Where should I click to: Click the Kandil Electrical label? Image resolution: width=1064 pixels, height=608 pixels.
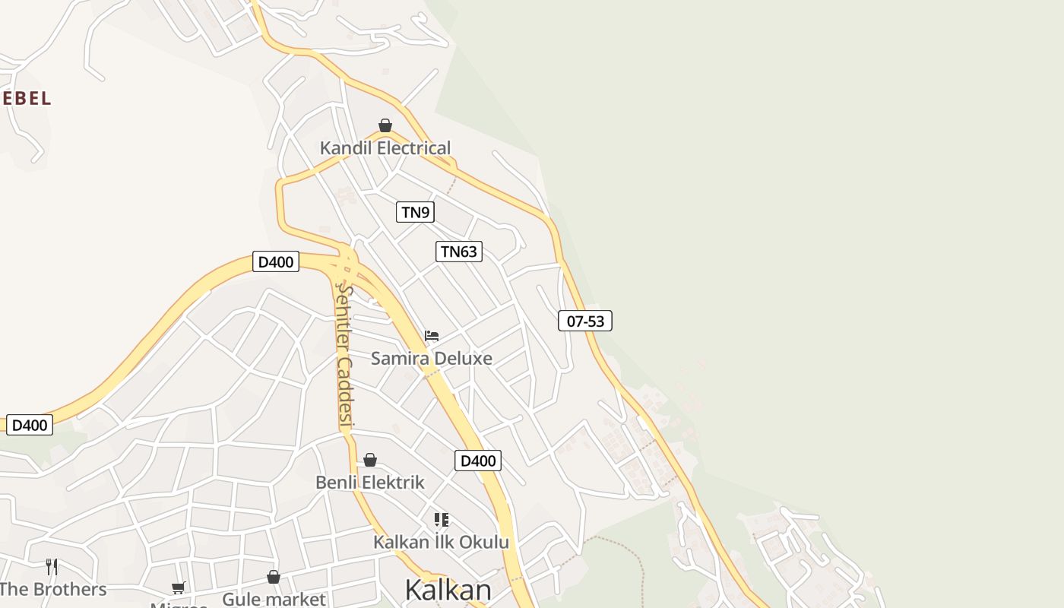click(x=385, y=148)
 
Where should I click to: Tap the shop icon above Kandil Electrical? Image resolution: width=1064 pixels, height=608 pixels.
click(x=385, y=125)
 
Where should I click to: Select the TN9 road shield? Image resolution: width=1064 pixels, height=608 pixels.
click(x=415, y=212)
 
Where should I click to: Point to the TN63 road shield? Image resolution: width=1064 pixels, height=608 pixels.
click(x=459, y=252)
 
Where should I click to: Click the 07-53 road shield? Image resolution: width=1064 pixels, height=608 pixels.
click(x=585, y=321)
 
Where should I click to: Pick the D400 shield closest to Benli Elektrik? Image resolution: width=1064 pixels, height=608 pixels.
click(x=478, y=461)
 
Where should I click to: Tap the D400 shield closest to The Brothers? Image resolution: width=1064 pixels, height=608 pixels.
click(x=30, y=425)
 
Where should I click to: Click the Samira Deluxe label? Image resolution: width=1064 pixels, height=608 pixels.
click(x=432, y=358)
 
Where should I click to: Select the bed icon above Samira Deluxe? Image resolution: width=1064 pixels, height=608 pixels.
click(x=432, y=335)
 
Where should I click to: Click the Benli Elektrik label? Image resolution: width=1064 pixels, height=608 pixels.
click(x=370, y=483)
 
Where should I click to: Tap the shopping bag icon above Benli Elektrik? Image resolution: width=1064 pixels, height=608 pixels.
click(x=370, y=460)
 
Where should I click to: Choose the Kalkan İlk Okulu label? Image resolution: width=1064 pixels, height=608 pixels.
click(x=441, y=542)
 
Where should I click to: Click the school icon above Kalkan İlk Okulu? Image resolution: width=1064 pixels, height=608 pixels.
click(x=442, y=520)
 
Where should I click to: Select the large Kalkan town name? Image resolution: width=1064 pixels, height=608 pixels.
click(x=448, y=590)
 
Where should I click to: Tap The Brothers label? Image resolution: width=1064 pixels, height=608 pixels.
click(x=53, y=590)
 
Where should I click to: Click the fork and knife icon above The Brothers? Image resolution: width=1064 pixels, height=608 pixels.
click(x=52, y=566)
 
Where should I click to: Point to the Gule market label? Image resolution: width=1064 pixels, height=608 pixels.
click(x=274, y=599)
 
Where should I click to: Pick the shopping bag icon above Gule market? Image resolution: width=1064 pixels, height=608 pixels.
click(x=274, y=578)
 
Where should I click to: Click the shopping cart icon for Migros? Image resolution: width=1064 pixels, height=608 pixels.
click(x=179, y=587)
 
